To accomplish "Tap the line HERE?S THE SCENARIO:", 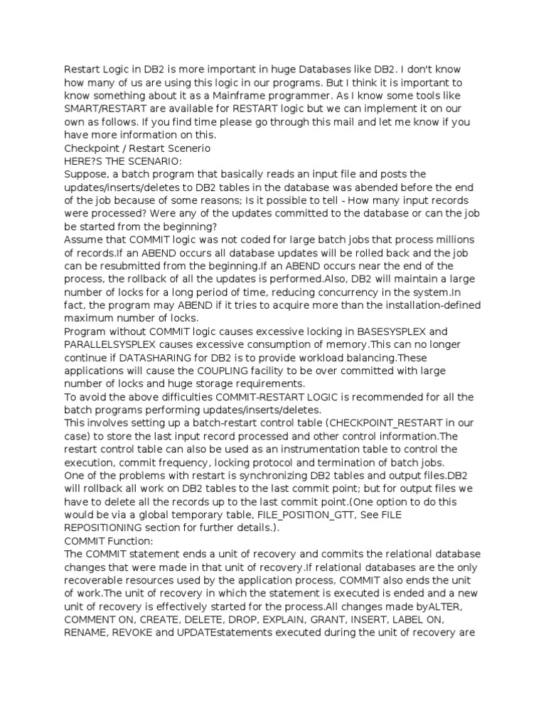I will tap(124, 161).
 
